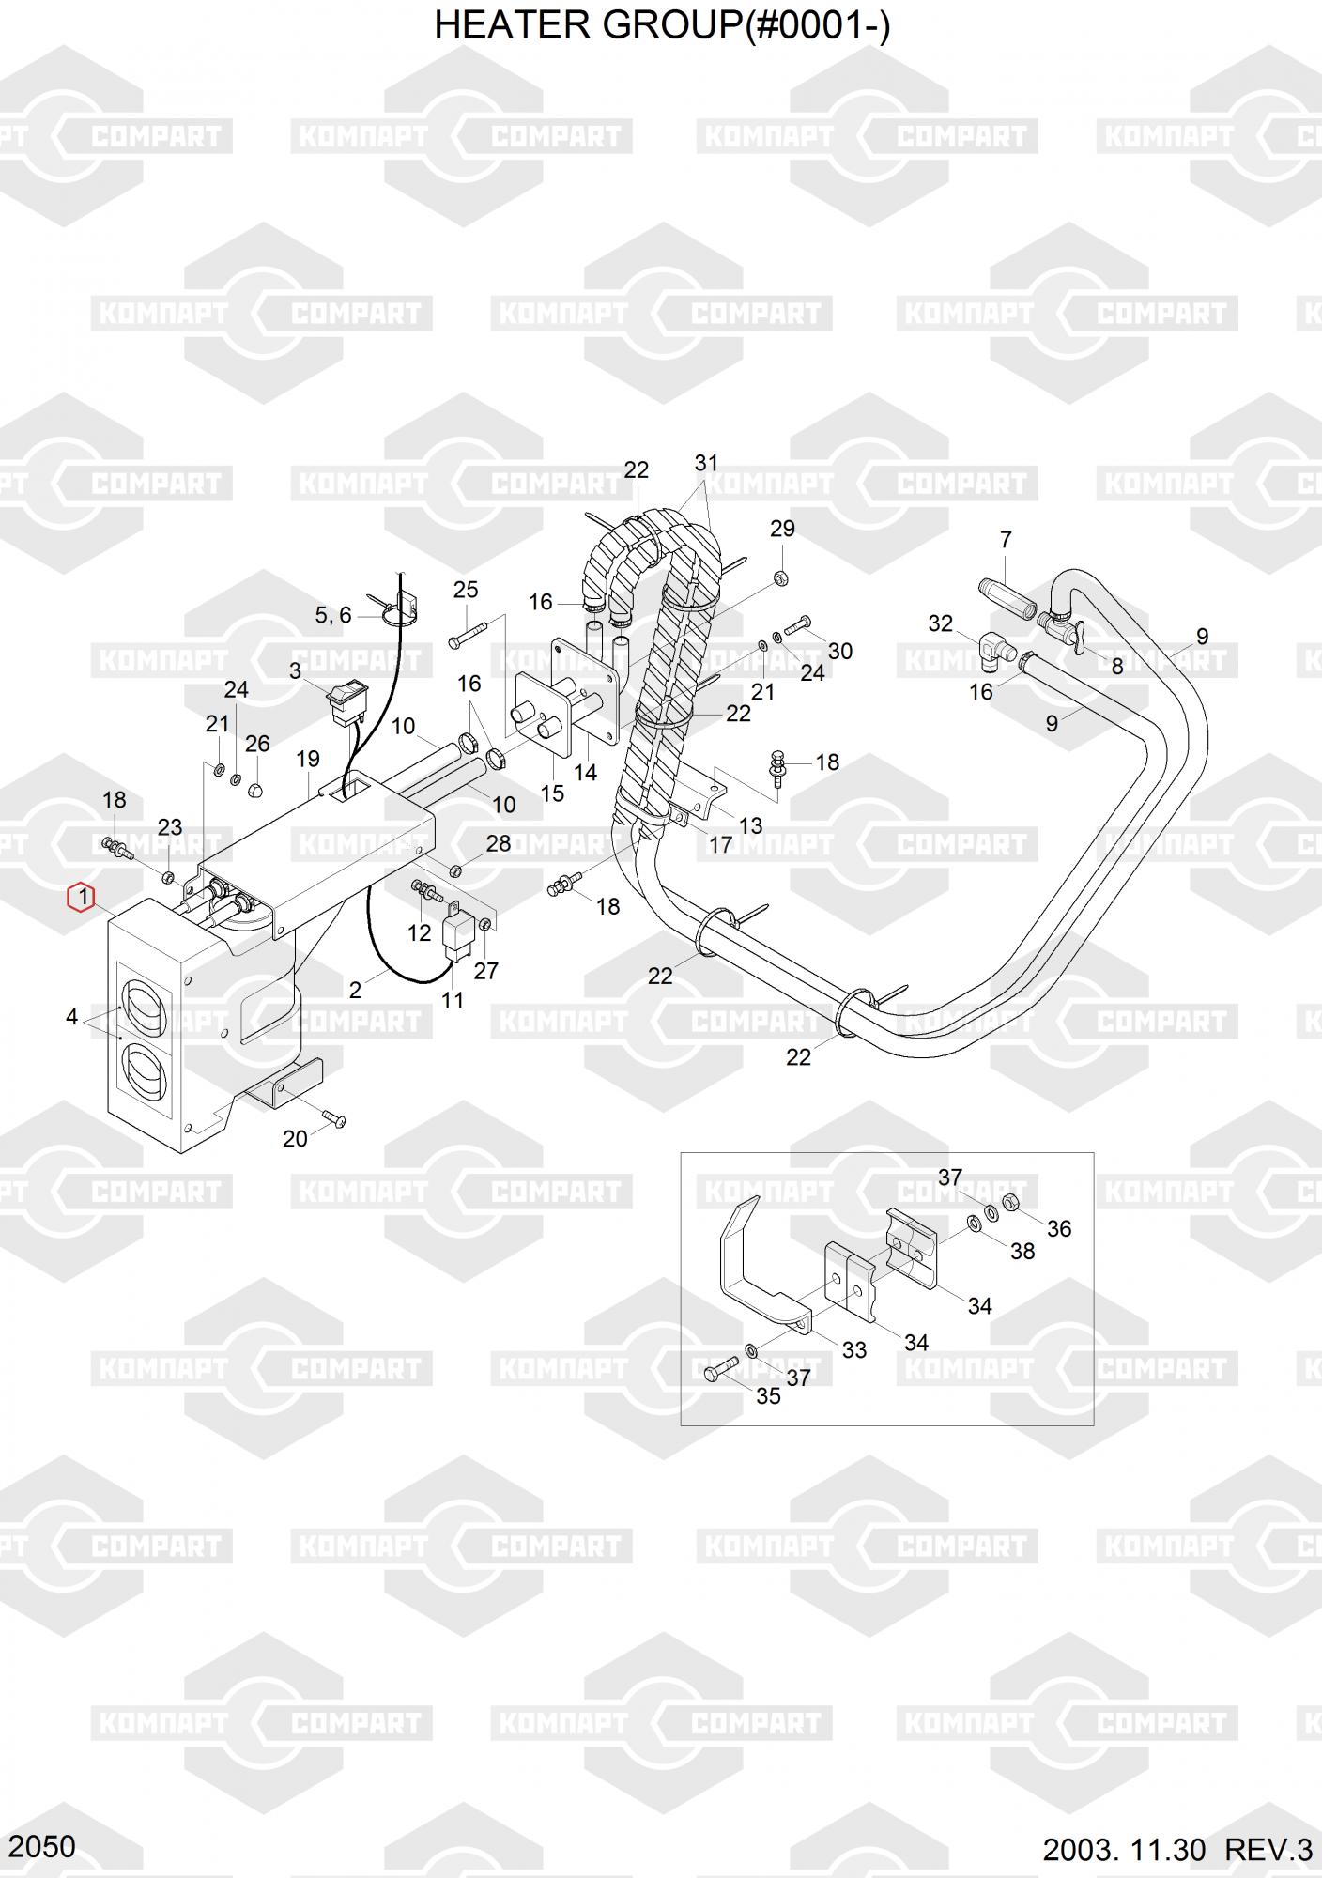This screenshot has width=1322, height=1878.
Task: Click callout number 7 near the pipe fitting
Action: [x=1006, y=540]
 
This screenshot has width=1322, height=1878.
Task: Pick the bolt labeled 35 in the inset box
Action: [x=721, y=1371]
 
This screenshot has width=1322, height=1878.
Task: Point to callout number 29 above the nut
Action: [x=782, y=529]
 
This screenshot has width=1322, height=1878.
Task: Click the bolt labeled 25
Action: [x=467, y=634]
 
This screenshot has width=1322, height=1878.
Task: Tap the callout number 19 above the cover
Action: [x=308, y=759]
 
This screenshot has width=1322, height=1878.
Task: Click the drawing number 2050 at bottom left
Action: [x=43, y=1846]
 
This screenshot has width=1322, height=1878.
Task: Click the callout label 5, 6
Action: [x=332, y=615]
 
